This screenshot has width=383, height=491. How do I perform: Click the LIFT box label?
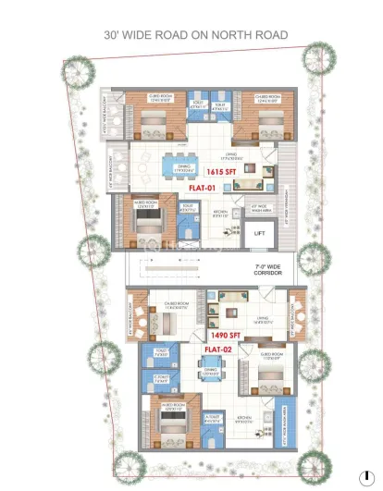[x=260, y=233]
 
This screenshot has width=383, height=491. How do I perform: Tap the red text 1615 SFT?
[x=222, y=172]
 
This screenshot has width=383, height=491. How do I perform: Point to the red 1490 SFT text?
[x=222, y=335]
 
